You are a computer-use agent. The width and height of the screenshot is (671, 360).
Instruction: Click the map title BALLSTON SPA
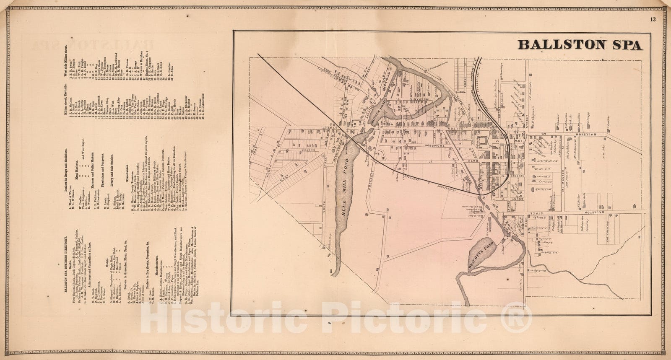pyautogui.click(x=580, y=44)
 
